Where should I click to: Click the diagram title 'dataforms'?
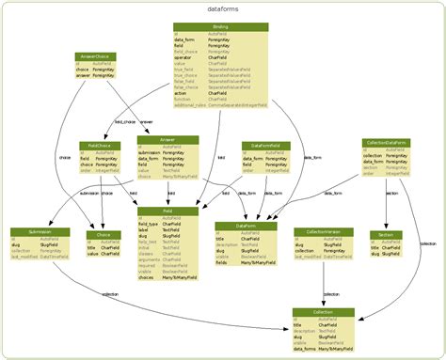click(x=221, y=8)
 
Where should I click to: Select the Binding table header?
click(x=221, y=27)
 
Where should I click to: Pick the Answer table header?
click(x=167, y=140)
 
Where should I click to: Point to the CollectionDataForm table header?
click(x=386, y=142)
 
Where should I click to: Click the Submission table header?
click(x=40, y=231)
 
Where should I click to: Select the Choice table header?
click(x=104, y=234)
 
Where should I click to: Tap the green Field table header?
click(x=167, y=211)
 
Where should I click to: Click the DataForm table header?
click(x=245, y=226)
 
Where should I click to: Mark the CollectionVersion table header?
click(x=324, y=231)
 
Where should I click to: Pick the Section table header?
click(x=385, y=234)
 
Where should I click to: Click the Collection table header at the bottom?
click(x=323, y=311)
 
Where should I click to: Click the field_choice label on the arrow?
click(x=124, y=121)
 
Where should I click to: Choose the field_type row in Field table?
click(x=151, y=224)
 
